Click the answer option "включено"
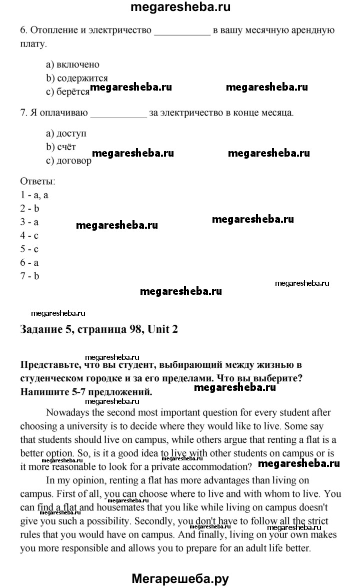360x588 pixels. coord(77,65)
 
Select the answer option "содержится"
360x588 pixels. coord(82,78)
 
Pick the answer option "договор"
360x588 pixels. coord(74,161)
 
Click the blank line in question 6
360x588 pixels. coord(182,32)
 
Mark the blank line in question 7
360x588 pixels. coord(118,114)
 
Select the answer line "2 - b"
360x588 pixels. coord(29,208)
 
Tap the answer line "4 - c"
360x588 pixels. coord(29,235)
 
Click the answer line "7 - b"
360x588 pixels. coord(29,276)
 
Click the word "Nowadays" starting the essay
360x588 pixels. coord(65,413)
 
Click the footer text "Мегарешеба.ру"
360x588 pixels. coord(180,579)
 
